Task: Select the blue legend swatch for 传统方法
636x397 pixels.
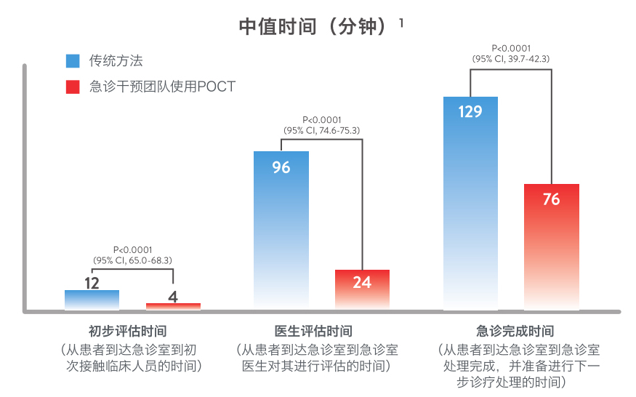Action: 72,60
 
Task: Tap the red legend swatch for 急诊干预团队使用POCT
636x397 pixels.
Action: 72,87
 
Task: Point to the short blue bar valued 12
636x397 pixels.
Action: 92,300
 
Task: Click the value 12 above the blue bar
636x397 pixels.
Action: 92,283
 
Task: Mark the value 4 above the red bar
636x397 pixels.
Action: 173,296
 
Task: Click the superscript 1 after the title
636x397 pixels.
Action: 401,23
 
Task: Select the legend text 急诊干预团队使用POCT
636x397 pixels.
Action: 162,87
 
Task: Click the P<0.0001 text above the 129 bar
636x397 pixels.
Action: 511,48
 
